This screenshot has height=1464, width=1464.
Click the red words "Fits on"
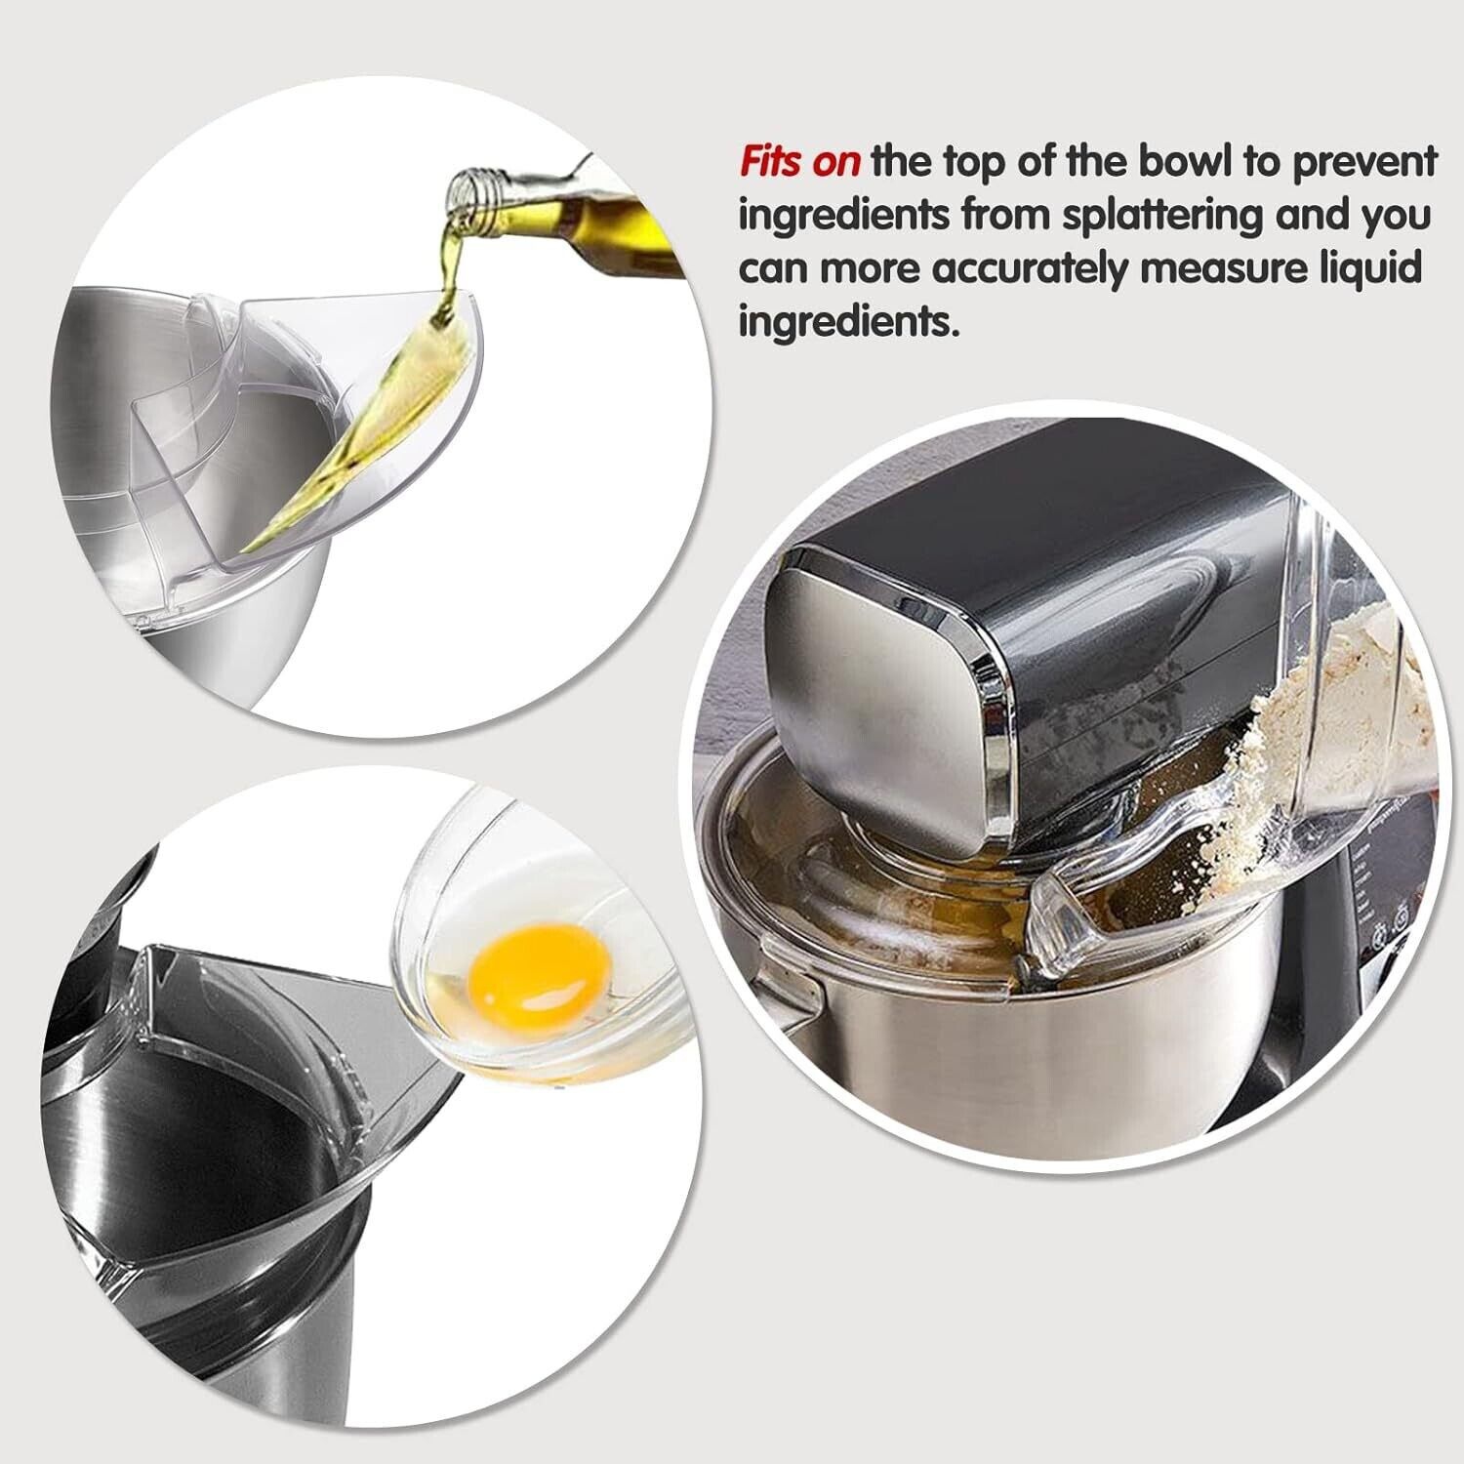point(798,163)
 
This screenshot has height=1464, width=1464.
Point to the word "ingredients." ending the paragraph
point(849,321)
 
